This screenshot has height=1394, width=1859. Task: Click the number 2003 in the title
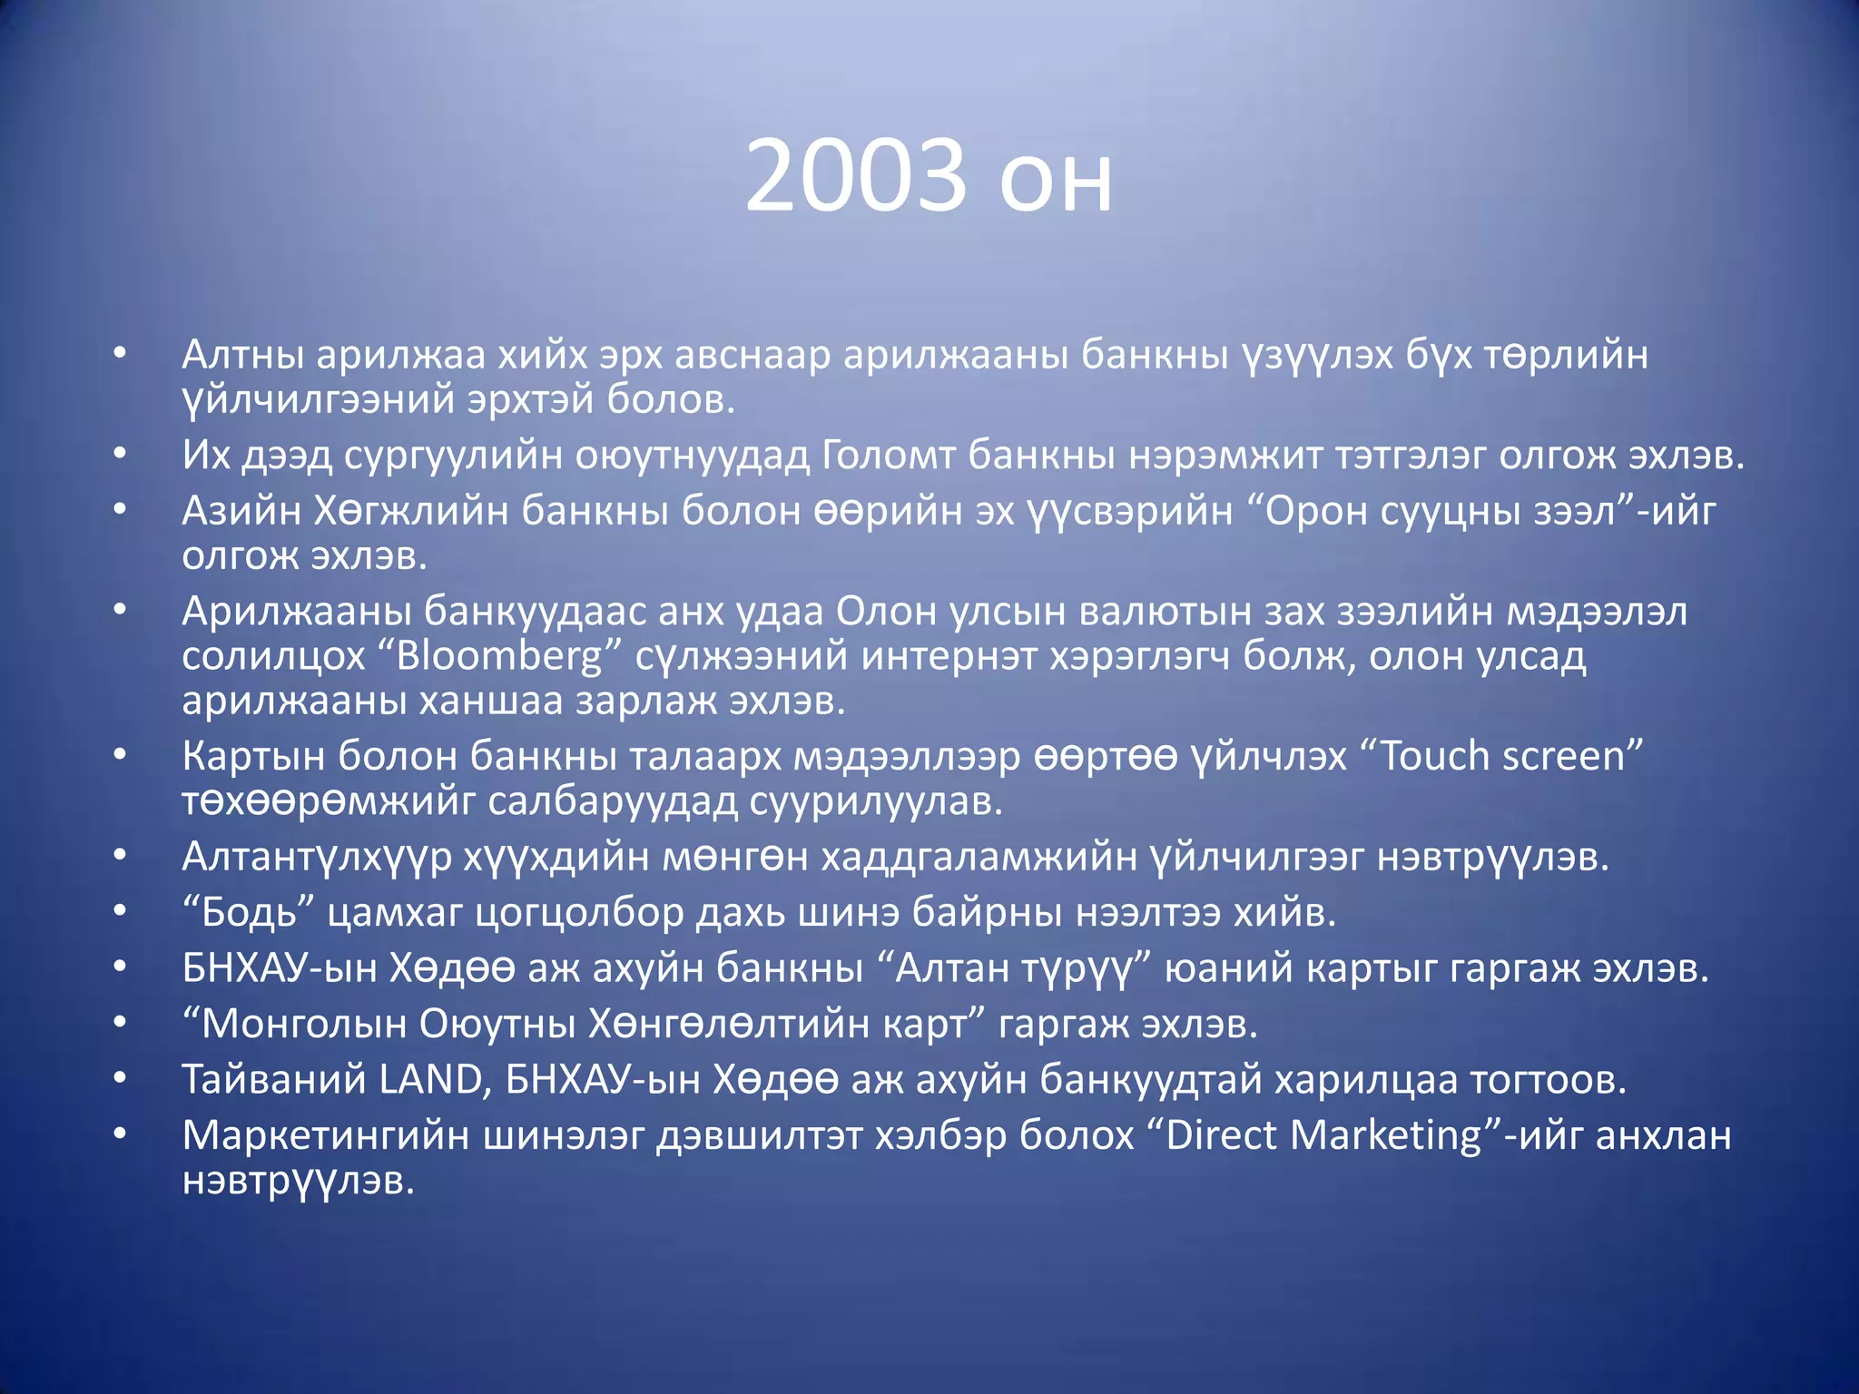855,176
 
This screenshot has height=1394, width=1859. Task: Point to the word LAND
429,1079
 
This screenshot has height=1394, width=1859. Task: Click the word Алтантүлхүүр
317,857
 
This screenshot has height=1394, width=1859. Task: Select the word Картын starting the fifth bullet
253,756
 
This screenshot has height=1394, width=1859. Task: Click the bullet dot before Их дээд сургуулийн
120,455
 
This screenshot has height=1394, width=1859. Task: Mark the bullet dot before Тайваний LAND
120,1079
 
